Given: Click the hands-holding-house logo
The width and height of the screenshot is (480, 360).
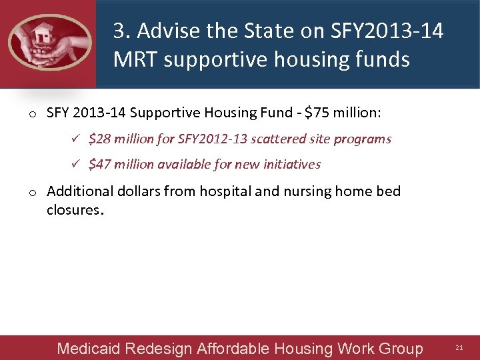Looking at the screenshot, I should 49,41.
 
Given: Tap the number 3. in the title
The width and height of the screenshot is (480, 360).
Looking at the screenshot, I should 121,31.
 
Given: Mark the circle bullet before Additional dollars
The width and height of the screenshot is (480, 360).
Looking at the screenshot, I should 32,193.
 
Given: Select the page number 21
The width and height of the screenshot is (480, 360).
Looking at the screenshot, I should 459,348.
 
